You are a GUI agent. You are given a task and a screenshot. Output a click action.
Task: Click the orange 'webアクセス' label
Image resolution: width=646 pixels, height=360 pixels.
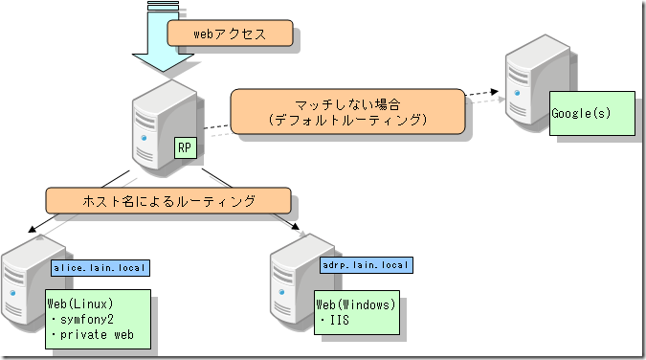click(229, 34)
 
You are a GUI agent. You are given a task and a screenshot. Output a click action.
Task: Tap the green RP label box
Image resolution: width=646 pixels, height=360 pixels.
click(186, 148)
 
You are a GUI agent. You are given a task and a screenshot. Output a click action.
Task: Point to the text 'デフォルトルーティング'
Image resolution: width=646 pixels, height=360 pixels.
click(347, 122)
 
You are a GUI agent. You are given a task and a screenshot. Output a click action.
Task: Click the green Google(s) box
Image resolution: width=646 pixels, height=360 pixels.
click(592, 114)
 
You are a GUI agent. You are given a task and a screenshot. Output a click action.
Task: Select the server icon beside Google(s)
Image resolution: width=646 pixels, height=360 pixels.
click(531, 91)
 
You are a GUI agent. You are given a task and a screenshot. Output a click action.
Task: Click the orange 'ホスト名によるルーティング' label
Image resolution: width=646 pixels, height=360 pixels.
click(167, 200)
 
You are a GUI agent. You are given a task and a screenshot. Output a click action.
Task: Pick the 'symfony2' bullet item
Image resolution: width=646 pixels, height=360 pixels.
click(88, 320)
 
